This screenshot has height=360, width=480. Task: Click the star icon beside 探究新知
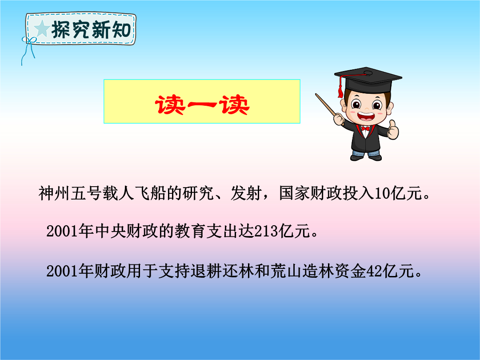(42, 29)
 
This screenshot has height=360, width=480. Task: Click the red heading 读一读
(202, 105)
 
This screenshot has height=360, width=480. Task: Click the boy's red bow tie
(365, 128)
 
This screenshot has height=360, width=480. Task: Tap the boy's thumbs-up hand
(393, 130)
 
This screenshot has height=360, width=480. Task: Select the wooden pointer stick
(327, 106)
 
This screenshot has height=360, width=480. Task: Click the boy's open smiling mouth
(365, 116)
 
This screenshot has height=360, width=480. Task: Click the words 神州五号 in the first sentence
(70, 193)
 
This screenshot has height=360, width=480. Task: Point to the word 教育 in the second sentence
(190, 231)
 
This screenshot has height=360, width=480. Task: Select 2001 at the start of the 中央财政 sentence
(62, 231)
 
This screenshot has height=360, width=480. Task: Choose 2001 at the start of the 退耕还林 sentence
(62, 271)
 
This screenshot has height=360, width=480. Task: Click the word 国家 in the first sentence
(295, 193)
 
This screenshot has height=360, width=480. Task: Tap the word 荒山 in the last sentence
(286, 271)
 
